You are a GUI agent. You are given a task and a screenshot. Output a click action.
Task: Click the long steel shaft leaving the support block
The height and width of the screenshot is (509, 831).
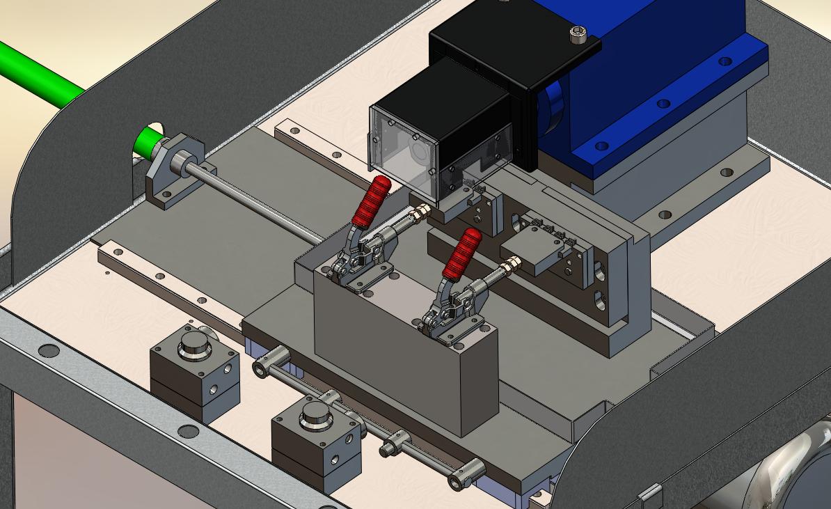(258, 202)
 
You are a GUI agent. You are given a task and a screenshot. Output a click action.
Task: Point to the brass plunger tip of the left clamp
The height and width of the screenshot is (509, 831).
(422, 212)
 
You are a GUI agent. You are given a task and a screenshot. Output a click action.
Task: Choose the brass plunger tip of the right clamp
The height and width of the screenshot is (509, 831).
(513, 264)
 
